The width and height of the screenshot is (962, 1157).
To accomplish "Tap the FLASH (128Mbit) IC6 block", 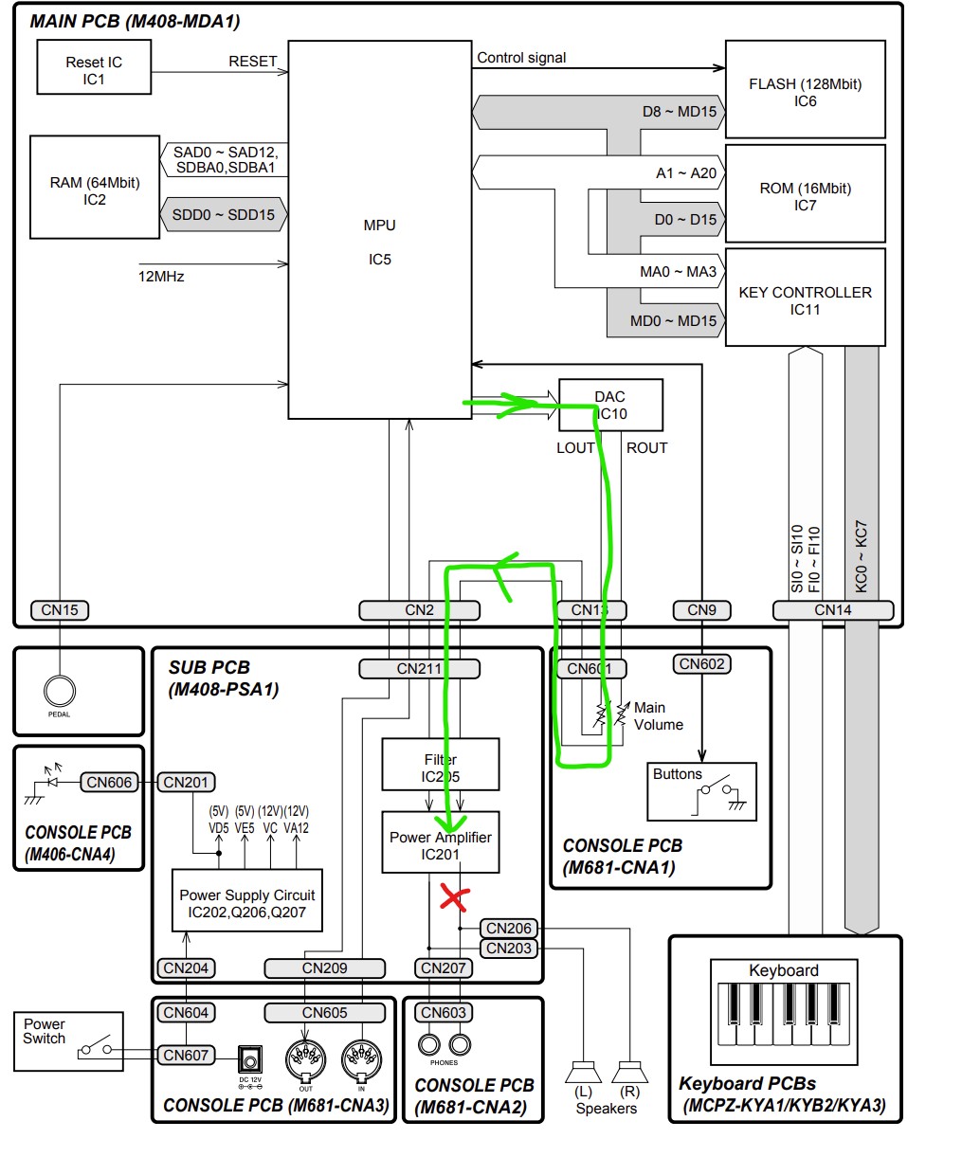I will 805,92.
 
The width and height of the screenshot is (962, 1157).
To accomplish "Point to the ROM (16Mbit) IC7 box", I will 805,196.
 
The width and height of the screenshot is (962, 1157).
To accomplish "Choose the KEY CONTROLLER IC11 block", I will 805,299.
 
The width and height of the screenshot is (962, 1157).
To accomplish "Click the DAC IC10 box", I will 610,405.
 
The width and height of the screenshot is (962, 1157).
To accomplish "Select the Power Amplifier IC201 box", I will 440,843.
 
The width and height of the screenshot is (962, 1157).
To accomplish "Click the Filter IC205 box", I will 440,767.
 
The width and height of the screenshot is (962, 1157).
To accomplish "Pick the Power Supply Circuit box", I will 246,902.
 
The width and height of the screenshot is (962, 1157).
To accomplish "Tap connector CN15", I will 60,610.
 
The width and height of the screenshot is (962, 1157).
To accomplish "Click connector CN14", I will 833,610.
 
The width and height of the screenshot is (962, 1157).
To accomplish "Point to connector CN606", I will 109,782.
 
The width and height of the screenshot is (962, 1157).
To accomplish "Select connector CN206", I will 509,929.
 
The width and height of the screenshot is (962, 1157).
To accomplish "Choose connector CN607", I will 186,1055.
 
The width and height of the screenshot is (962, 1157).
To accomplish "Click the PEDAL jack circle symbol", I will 59,692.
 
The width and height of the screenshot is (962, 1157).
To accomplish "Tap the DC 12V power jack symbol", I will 250,1058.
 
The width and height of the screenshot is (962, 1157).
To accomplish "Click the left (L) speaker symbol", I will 583,1073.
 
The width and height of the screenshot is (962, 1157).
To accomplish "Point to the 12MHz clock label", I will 161,277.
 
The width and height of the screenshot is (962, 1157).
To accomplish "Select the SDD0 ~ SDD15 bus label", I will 224,215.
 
